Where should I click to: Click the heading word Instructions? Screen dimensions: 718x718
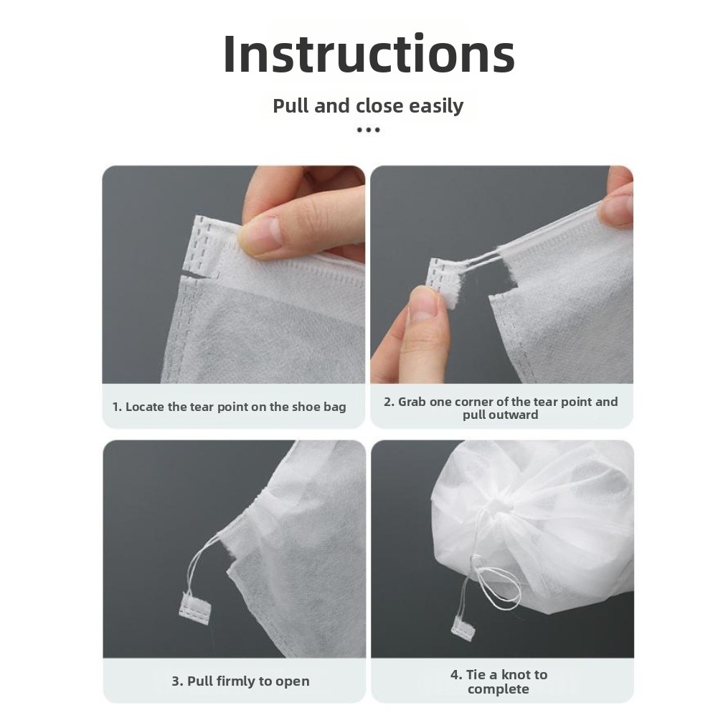tap(369, 54)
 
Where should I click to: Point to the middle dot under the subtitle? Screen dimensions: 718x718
tap(368, 130)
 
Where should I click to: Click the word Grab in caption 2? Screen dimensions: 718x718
tap(412, 402)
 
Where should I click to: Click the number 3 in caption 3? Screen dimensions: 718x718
tap(176, 681)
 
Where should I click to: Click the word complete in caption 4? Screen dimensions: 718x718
tap(499, 689)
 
